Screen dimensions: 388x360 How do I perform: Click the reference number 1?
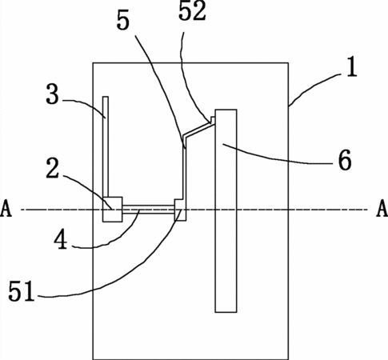coord(352,67)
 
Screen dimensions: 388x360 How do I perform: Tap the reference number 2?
coord(53,168)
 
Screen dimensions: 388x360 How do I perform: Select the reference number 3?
coord(52,94)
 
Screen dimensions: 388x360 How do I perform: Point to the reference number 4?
coord(61,240)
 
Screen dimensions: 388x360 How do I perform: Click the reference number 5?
coord(123,21)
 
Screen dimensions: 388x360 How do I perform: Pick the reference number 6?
coord(345,160)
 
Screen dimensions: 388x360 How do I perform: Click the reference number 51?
coord(22,291)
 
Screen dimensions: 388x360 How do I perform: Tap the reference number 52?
coord(192,11)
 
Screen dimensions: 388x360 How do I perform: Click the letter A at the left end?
coord(6,209)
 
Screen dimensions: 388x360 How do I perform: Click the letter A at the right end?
coord(382,209)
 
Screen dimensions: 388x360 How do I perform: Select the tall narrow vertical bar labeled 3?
coord(106,146)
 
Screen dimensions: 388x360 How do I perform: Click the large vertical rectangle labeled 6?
coord(226,210)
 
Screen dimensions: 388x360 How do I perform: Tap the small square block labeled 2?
coord(113,210)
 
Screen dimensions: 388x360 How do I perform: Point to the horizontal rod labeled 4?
coord(149,210)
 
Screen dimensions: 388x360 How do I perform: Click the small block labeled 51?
coord(180,210)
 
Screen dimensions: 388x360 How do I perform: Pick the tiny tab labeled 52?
coord(213,120)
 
